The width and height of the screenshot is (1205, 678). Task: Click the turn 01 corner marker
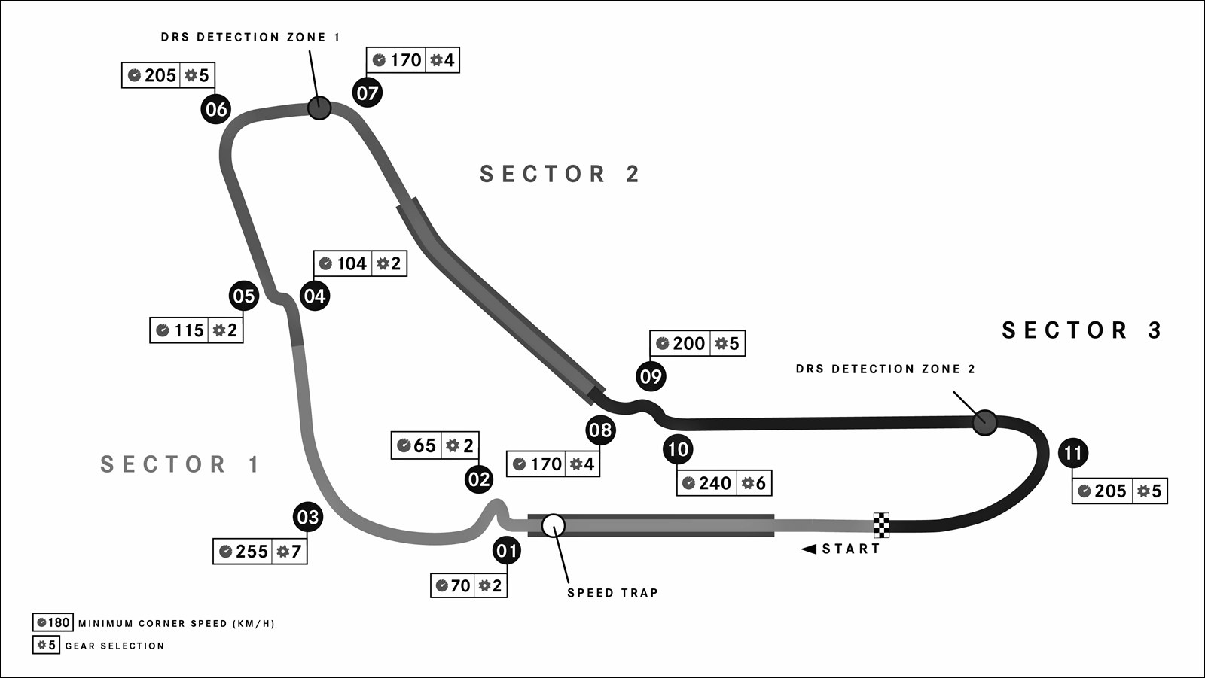[x=507, y=551]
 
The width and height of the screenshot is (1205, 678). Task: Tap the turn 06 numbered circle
[x=216, y=109]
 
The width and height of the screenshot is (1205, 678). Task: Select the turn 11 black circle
[x=1073, y=453]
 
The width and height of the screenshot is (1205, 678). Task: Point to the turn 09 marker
[x=651, y=376]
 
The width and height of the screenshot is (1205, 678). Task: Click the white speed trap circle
[x=554, y=525]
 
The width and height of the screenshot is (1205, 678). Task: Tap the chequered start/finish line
[x=881, y=524]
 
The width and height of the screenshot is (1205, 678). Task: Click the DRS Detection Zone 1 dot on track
[x=319, y=108]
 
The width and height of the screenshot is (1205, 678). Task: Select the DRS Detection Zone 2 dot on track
[x=984, y=422]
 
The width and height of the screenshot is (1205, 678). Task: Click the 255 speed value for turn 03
[x=252, y=552]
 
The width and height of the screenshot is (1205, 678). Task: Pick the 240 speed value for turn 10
[x=715, y=483]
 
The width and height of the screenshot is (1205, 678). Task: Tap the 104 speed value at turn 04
[x=352, y=263]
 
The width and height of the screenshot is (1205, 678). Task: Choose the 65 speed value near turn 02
[x=425, y=445]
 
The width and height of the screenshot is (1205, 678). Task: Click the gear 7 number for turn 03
[x=296, y=552]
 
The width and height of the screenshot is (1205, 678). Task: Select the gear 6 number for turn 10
[x=761, y=483]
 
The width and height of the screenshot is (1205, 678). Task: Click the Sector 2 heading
[x=560, y=174]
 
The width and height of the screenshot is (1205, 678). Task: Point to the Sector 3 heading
[x=1082, y=330]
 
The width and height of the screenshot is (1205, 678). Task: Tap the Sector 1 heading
[x=181, y=464]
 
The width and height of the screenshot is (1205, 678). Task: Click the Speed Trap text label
[x=612, y=593]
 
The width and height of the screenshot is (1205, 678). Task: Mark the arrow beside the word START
[x=809, y=549]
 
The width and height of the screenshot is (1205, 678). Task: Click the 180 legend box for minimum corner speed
[x=53, y=622]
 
